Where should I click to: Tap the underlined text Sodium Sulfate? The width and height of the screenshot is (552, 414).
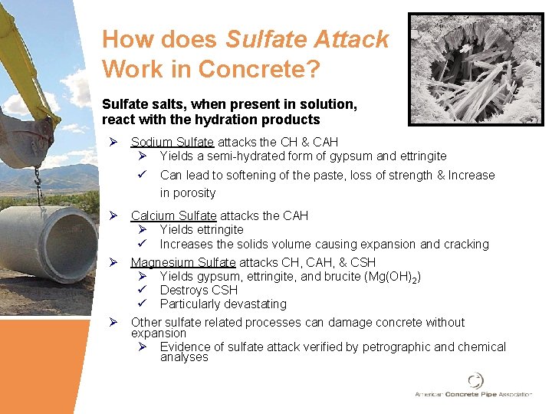(173, 142)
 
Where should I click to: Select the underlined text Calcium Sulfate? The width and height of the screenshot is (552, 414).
(174, 215)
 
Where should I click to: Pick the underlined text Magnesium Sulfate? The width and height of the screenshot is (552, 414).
(183, 262)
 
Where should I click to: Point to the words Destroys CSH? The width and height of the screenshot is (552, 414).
(199, 290)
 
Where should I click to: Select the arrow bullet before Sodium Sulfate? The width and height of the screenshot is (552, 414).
(113, 142)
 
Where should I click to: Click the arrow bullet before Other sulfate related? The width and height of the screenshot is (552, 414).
(113, 322)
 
